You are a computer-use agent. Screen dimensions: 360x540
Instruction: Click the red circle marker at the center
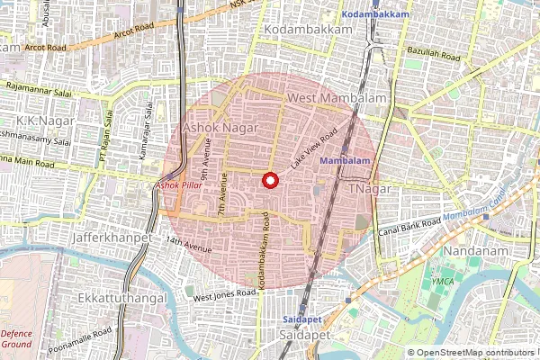click(x=269, y=181)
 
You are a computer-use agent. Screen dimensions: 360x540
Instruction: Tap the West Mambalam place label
click(x=336, y=97)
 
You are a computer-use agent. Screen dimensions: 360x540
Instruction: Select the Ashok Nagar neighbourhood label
click(x=220, y=129)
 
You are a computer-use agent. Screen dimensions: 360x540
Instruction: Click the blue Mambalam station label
click(x=345, y=160)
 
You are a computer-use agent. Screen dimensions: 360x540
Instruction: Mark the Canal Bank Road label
click(x=410, y=223)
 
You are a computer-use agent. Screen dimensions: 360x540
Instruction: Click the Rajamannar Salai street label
click(x=37, y=86)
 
